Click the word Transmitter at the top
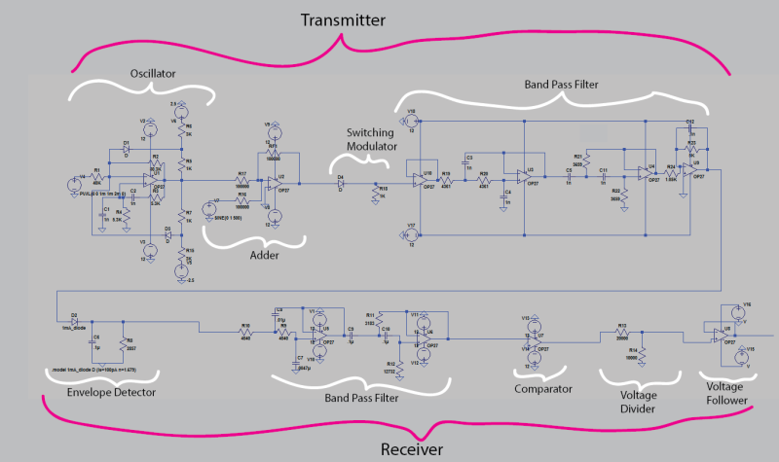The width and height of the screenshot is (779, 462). [x=343, y=20]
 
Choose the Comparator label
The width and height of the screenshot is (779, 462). [x=541, y=388]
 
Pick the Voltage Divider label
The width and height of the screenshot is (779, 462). [x=629, y=401]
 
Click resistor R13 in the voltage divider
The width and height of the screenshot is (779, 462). [x=621, y=331]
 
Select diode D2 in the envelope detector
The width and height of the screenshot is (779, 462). [x=74, y=321]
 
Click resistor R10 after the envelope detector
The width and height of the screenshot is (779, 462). [x=246, y=331]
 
